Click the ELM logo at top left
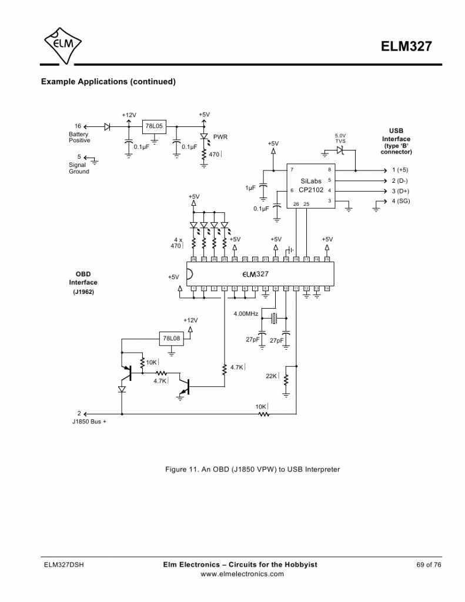(x=63, y=44)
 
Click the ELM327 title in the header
(x=410, y=47)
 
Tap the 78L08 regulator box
(x=172, y=339)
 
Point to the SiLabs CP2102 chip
(x=311, y=186)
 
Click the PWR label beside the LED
(x=220, y=137)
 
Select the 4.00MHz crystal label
(x=246, y=314)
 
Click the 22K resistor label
(x=272, y=376)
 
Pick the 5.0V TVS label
(x=340, y=138)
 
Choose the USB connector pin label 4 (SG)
(x=400, y=201)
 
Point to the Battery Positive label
(x=79, y=138)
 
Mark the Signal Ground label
(x=79, y=168)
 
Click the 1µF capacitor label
(x=250, y=188)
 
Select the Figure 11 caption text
(x=253, y=469)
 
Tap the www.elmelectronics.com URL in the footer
(x=242, y=574)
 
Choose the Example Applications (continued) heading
(x=108, y=82)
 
